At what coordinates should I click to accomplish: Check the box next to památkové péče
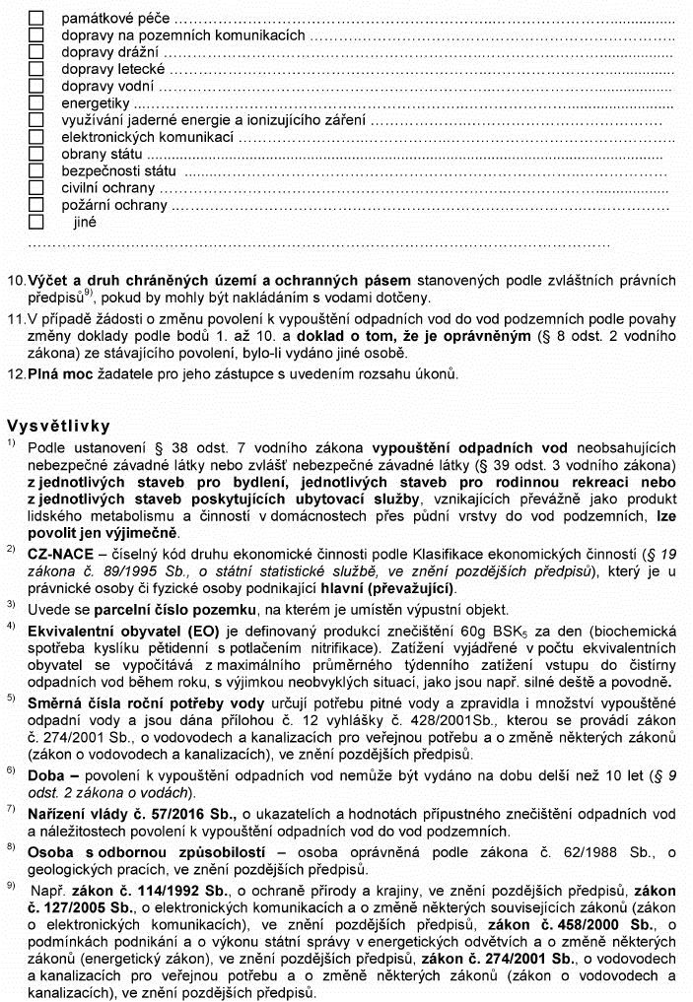click(36, 18)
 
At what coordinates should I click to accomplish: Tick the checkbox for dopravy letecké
click(36, 69)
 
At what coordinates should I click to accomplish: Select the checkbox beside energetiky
click(36, 102)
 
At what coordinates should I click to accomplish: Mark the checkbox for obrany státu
click(36, 154)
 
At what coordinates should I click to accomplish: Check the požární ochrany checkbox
click(36, 205)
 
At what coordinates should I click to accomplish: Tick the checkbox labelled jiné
click(36, 222)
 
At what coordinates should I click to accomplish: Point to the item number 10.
click(16, 280)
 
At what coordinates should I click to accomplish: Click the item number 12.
click(16, 373)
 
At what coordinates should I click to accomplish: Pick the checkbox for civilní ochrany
click(36, 187)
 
